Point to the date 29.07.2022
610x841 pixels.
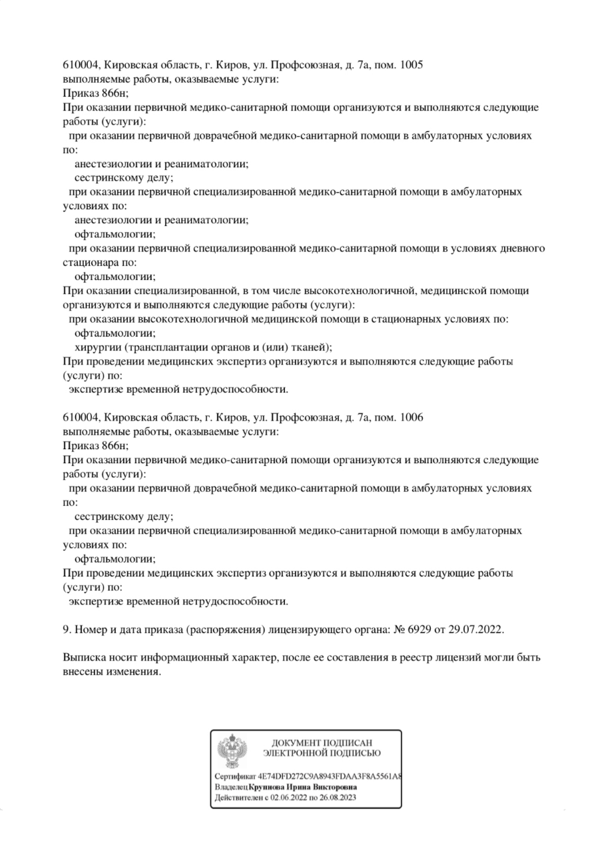click(x=479, y=629)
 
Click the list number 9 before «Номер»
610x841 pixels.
click(x=65, y=629)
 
